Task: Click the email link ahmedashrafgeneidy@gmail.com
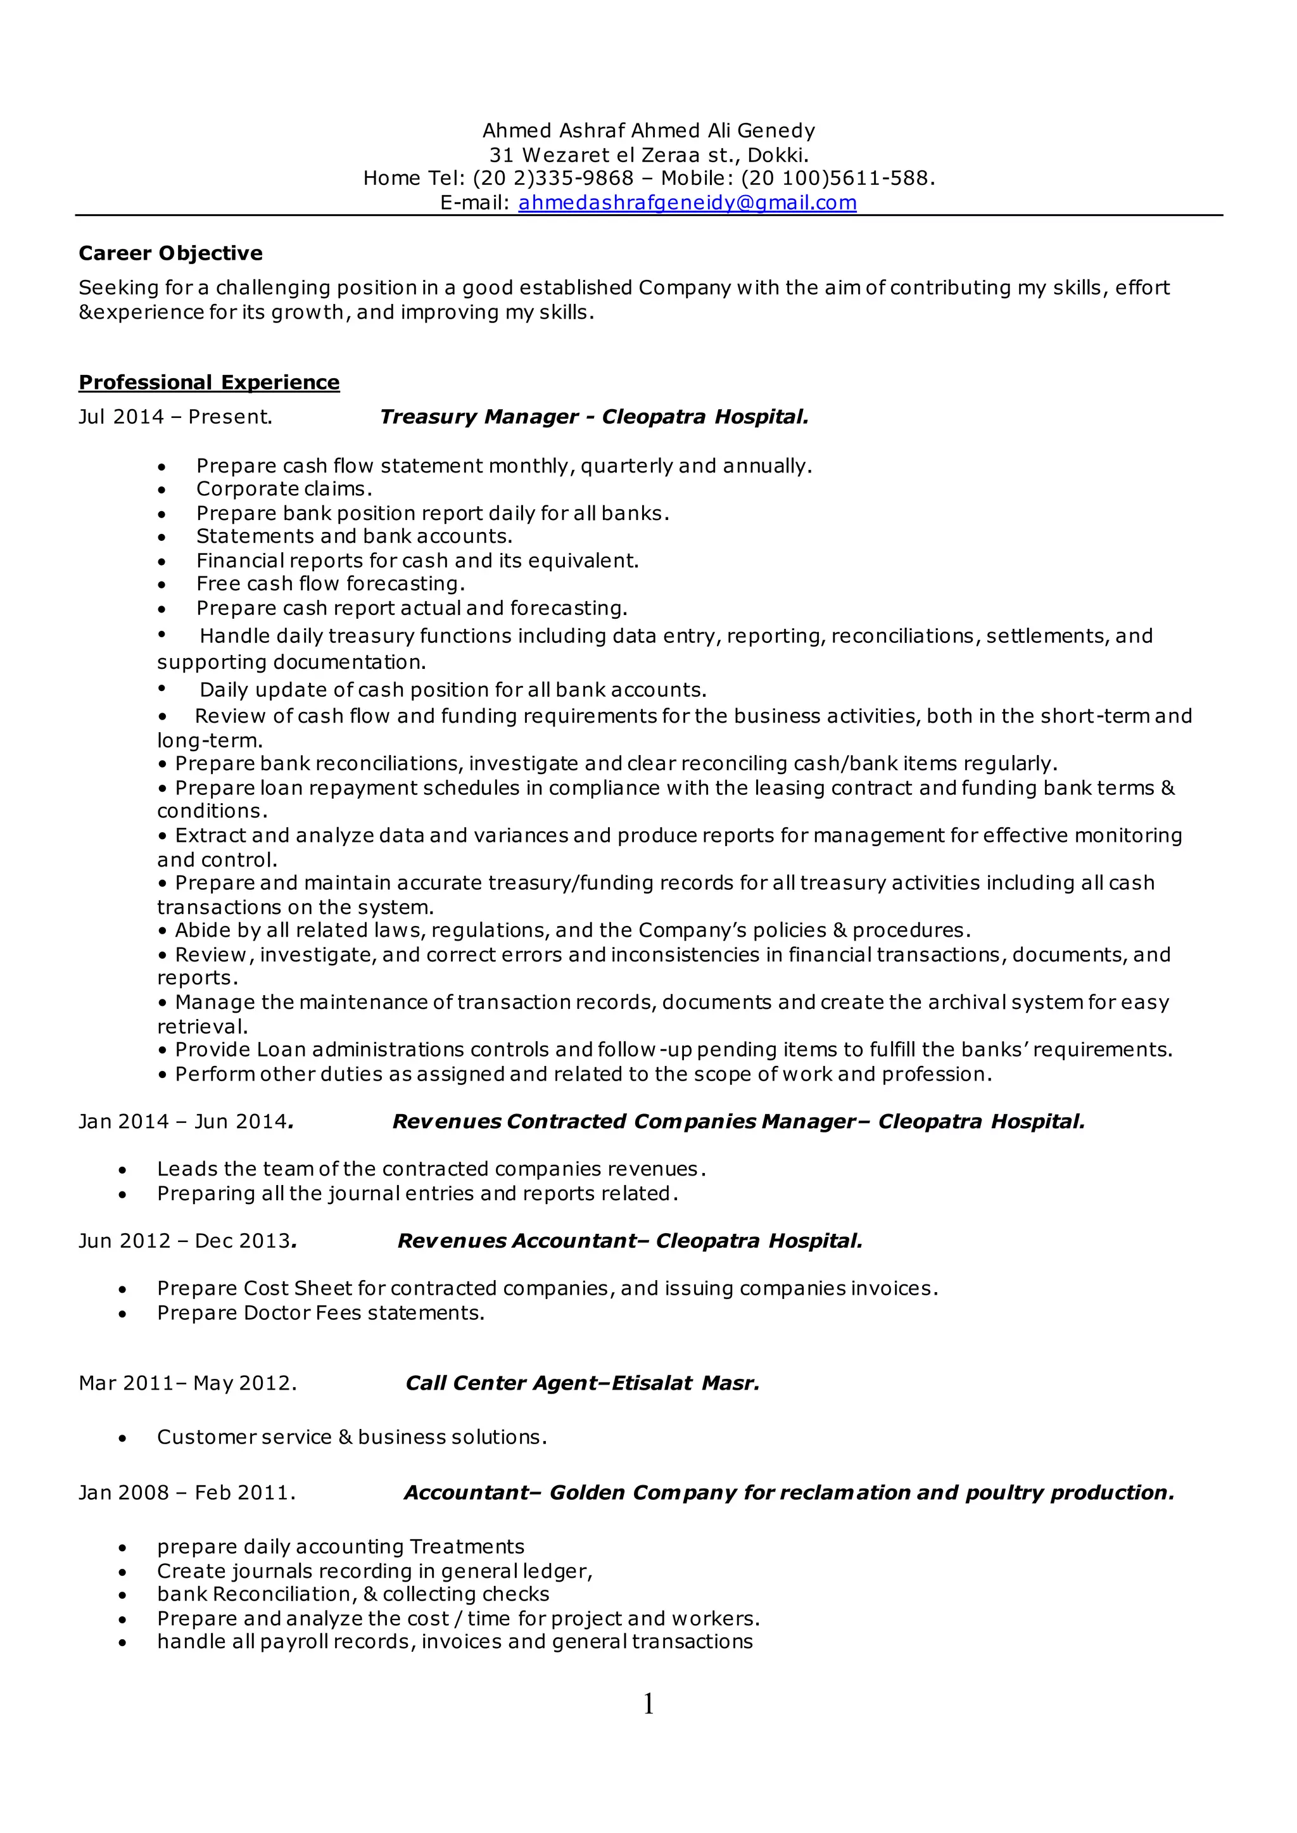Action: click(x=687, y=203)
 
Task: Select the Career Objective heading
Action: click(x=170, y=253)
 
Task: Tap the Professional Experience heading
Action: click(x=208, y=383)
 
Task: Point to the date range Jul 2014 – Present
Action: click(x=175, y=417)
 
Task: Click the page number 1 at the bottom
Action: click(x=648, y=1704)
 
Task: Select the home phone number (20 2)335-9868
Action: click(x=553, y=178)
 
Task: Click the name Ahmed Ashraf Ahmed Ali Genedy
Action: click(x=648, y=130)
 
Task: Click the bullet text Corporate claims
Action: click(x=284, y=489)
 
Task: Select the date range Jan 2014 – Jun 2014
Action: click(x=186, y=1121)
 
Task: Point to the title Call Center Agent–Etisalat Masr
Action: click(x=582, y=1383)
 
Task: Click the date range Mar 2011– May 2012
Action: click(x=187, y=1383)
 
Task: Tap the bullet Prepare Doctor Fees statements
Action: click(x=320, y=1312)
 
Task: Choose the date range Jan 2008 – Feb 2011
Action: click(x=186, y=1493)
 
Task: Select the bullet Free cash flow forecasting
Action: click(x=330, y=584)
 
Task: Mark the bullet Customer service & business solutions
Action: click(x=351, y=1437)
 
